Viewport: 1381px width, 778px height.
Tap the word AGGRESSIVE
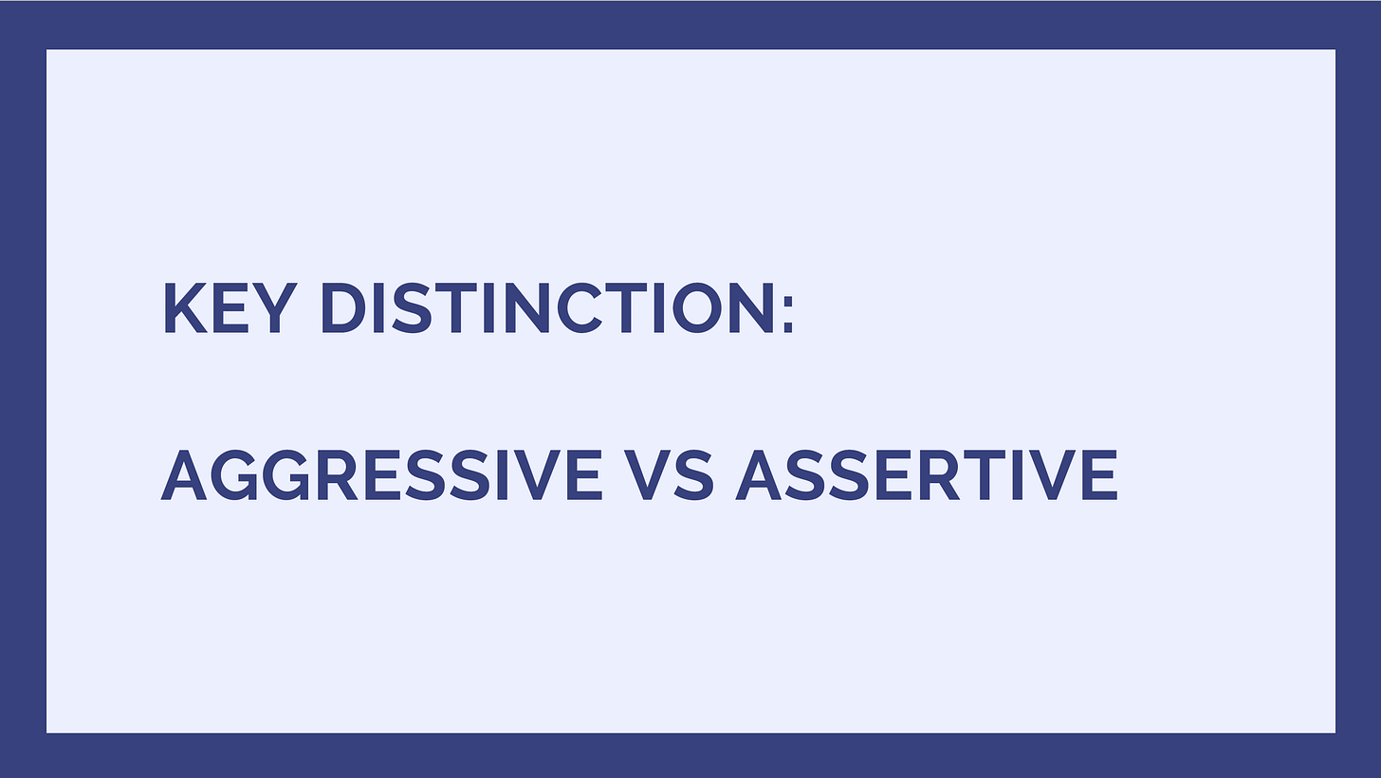381,474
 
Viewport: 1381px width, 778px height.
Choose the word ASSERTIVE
926,474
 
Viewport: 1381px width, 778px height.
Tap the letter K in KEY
185,307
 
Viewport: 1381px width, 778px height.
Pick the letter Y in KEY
274,307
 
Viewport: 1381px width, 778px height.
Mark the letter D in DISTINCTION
344,307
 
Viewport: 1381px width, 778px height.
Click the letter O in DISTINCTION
697,307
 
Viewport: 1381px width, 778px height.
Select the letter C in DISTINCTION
580,307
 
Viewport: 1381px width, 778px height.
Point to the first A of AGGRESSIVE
184,474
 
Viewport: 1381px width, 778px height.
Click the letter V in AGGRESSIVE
534,474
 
